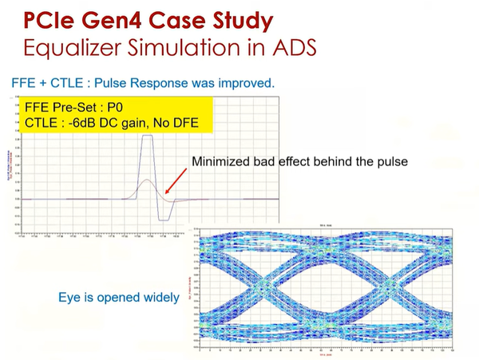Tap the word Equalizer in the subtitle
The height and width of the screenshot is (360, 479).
coord(72,46)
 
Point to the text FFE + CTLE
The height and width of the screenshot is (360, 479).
coord(44,82)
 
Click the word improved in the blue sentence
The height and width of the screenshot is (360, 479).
coord(243,82)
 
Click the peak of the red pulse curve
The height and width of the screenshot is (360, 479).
coord(146,180)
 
